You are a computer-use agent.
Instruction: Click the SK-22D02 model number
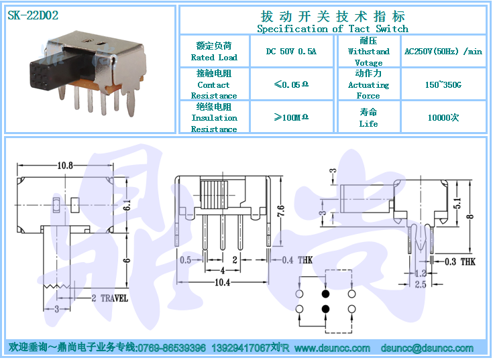pos(33,15)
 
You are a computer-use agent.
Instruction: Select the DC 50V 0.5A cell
pos(291,51)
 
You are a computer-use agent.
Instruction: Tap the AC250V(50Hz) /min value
pos(443,51)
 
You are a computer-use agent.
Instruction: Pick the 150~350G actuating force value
pos(443,84)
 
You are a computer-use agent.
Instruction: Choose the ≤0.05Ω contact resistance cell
pos(291,84)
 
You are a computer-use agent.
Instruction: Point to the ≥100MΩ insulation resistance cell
pos(291,117)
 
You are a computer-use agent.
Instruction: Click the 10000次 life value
pos(443,117)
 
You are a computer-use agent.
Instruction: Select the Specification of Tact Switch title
pos(333,29)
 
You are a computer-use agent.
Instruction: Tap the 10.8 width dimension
pos(65,165)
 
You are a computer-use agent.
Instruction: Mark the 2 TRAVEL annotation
pos(110,298)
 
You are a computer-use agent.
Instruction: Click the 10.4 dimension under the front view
pos(222,282)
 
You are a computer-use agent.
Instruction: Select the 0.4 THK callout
pos(297,260)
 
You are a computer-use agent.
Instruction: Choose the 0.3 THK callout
pos(460,261)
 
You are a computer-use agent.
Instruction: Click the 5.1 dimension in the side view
pos(457,203)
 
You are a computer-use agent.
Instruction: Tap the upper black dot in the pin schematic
pos(326,294)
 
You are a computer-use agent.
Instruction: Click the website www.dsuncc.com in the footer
pos(332,348)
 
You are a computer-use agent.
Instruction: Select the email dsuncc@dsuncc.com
pos(427,348)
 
